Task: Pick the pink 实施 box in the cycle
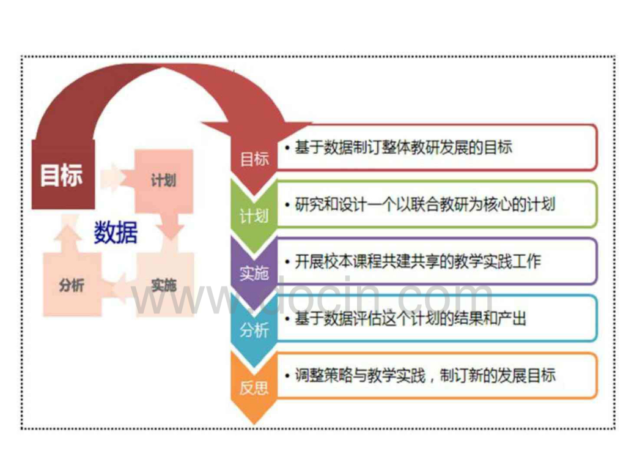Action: pyautogui.click(x=164, y=285)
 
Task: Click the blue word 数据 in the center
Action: pyautogui.click(x=116, y=233)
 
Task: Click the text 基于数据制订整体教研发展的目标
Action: pyautogui.click(x=403, y=147)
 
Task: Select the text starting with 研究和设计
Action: pyautogui.click(x=425, y=204)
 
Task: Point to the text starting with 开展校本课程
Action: pyautogui.click(x=418, y=261)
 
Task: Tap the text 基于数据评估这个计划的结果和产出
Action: pyautogui.click(x=411, y=318)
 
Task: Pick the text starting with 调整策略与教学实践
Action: pyautogui.click(x=425, y=375)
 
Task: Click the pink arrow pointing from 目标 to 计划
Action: pyautogui.click(x=114, y=177)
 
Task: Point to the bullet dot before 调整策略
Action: pyautogui.click(x=287, y=375)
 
